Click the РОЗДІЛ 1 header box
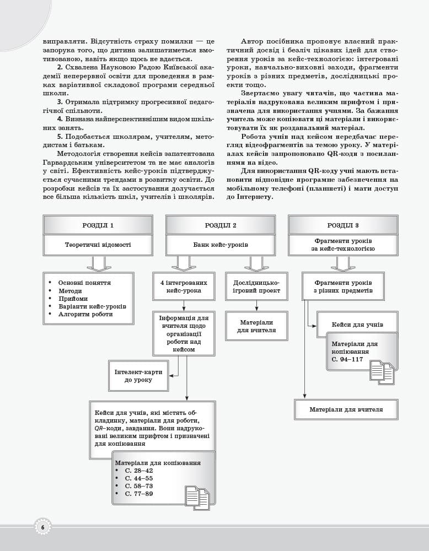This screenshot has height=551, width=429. (x=98, y=225)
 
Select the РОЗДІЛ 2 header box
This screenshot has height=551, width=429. (x=220, y=225)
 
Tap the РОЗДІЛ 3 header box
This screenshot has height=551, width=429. (x=342, y=225)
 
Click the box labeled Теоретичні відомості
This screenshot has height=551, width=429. (x=98, y=245)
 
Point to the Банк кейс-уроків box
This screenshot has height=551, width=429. (x=220, y=245)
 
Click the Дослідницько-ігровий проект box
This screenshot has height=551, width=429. (x=256, y=287)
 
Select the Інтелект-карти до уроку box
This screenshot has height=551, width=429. (x=138, y=376)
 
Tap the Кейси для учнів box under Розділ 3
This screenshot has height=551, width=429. (x=357, y=325)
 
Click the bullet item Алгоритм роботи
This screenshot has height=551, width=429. (x=85, y=314)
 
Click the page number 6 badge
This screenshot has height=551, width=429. (x=42, y=527)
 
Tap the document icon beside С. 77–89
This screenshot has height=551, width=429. (x=197, y=498)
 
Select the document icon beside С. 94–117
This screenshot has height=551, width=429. (x=382, y=372)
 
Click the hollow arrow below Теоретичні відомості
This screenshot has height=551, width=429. (x=98, y=264)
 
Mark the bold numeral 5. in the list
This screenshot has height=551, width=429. (x=60, y=136)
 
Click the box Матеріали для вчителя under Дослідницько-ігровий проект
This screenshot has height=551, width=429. (x=256, y=326)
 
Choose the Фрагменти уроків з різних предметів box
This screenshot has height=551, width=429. (x=342, y=287)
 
